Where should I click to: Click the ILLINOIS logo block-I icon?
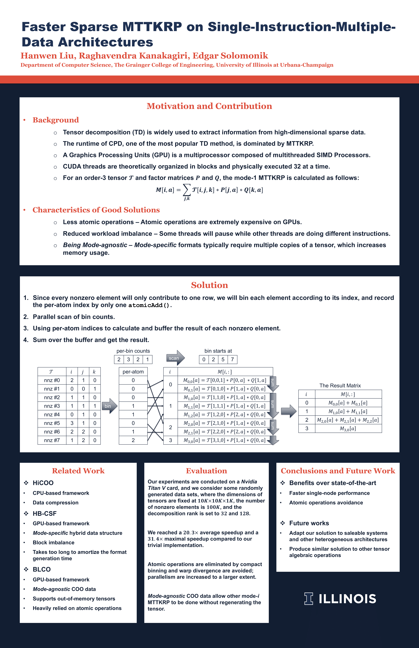309,599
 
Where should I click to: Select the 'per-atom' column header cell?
133,372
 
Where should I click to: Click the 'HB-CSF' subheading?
45,514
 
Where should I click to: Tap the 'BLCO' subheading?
42,569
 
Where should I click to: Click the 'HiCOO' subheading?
43,483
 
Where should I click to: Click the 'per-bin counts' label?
133,351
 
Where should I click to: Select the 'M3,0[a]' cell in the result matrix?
348,429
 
